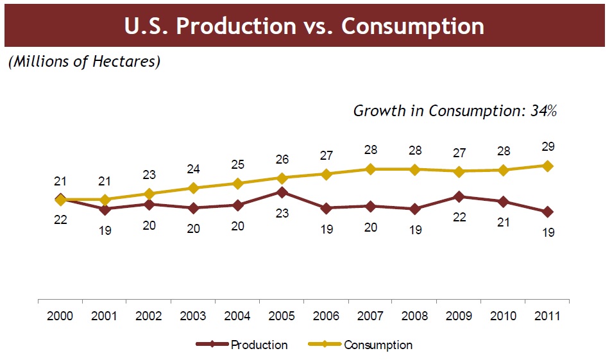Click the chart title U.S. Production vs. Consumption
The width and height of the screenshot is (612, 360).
tap(305, 26)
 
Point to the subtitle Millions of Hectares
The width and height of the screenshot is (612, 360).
tap(83, 62)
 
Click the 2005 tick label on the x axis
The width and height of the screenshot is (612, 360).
tap(282, 316)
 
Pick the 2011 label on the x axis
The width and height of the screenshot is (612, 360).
tap(547, 316)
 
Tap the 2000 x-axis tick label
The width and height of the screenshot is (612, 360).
tap(60, 316)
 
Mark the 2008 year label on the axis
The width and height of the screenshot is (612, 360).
tap(414, 316)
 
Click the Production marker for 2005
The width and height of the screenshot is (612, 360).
tap(282, 191)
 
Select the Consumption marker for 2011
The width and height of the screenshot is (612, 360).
tap(547, 166)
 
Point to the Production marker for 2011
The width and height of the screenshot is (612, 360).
tap(547, 212)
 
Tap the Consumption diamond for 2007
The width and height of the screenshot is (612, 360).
tap(370, 169)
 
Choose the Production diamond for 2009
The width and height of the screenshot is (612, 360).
tap(459, 196)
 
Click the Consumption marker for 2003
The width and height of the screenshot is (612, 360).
tap(193, 188)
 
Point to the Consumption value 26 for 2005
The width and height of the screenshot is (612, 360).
tap(282, 159)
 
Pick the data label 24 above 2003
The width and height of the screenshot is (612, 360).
tap(193, 169)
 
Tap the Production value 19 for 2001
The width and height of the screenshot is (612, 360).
tap(105, 230)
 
